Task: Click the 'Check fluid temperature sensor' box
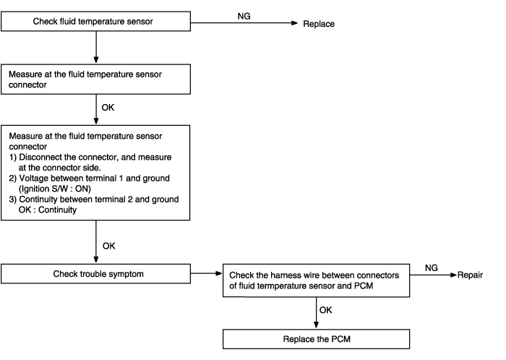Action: [96, 21]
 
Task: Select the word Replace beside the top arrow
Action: [319, 24]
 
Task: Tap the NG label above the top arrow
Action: [244, 16]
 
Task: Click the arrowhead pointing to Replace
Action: [294, 23]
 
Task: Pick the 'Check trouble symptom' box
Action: [96, 274]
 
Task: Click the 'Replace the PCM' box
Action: [317, 339]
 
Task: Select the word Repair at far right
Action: [470, 275]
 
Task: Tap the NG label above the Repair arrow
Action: [432, 267]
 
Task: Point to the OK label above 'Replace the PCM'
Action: [325, 310]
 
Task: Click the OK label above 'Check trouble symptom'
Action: [108, 246]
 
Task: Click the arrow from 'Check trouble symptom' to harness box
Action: [207, 273]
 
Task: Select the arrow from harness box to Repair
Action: [434, 275]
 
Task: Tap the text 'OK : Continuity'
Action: [48, 210]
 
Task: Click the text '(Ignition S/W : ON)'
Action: [55, 189]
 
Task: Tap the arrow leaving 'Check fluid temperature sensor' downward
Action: [96, 47]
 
